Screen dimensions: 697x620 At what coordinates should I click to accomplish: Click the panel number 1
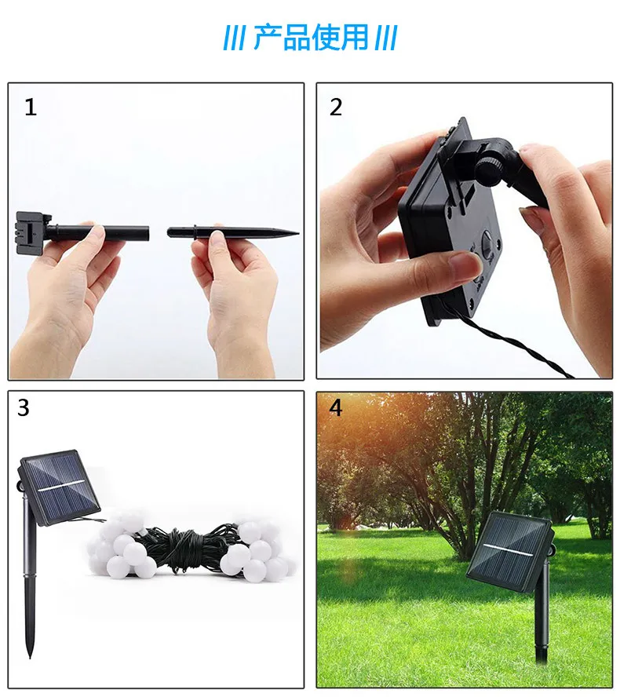coord(31,108)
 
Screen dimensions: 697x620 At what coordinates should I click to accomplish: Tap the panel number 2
coord(336,108)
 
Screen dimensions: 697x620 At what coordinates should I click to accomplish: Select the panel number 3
coord(24,408)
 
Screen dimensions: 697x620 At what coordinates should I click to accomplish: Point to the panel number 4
coord(336,408)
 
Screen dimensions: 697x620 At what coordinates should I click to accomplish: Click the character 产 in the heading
coord(267,37)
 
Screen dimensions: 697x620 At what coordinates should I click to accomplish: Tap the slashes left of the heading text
coord(234,38)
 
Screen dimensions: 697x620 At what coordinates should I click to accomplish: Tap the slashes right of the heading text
coord(385,38)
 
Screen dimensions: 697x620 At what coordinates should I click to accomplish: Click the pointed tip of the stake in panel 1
coord(295,232)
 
